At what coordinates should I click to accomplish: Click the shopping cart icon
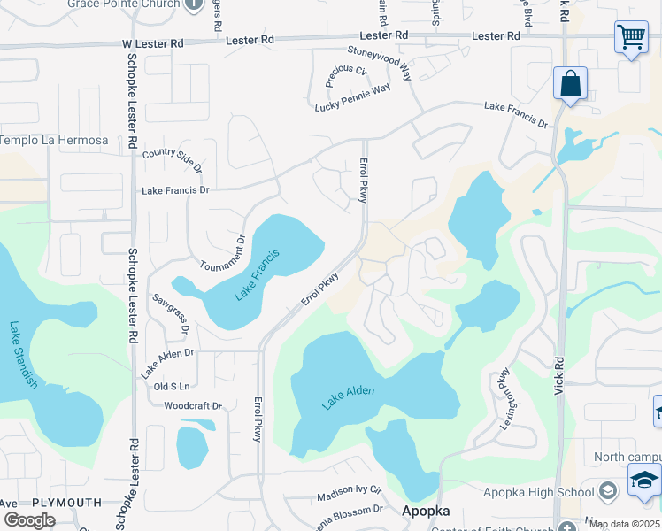pyautogui.click(x=630, y=38)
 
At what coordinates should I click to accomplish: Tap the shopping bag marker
pyautogui.click(x=571, y=85)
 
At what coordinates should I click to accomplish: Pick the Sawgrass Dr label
pyautogui.click(x=172, y=314)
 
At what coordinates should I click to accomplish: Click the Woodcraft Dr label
pyautogui.click(x=193, y=406)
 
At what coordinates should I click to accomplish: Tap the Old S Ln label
pyautogui.click(x=172, y=387)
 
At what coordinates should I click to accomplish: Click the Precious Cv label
pyautogui.click(x=345, y=76)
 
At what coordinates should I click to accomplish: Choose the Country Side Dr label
pyautogui.click(x=173, y=159)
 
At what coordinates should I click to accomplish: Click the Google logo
pyautogui.click(x=29, y=520)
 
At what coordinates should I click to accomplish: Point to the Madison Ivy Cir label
pyautogui.click(x=349, y=493)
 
